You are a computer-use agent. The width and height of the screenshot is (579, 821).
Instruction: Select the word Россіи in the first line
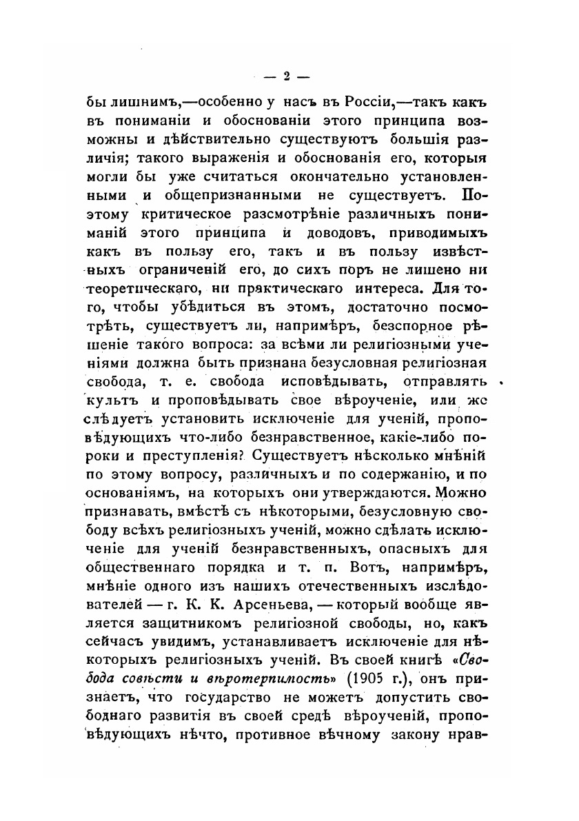click(x=365, y=101)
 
